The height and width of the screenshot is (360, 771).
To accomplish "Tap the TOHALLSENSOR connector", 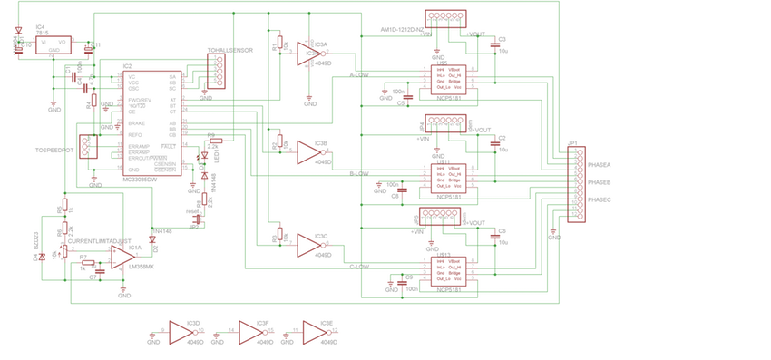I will point(216,72).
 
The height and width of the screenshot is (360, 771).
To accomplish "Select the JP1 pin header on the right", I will point(571,181).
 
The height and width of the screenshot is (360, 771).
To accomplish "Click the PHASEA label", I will point(600,166).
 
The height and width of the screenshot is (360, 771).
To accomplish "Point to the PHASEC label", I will point(600,199).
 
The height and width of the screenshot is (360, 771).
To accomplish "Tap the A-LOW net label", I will point(359,75).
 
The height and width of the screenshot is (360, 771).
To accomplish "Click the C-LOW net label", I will point(359,267).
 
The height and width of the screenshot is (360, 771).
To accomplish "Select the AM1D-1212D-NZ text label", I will point(403,28).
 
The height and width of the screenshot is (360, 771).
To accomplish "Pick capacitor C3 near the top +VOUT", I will point(495,44).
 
